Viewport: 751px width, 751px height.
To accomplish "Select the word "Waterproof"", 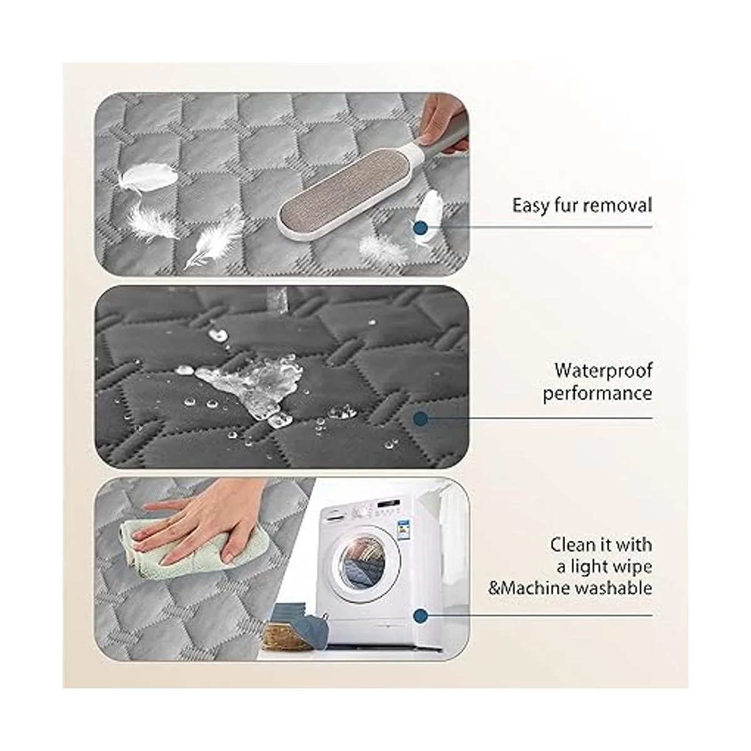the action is tap(603, 371).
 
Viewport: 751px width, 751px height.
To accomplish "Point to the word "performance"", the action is tap(598, 394).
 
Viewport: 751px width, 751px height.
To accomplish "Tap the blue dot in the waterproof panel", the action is tap(421, 419).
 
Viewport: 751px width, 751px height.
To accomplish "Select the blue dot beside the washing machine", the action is tap(421, 616).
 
